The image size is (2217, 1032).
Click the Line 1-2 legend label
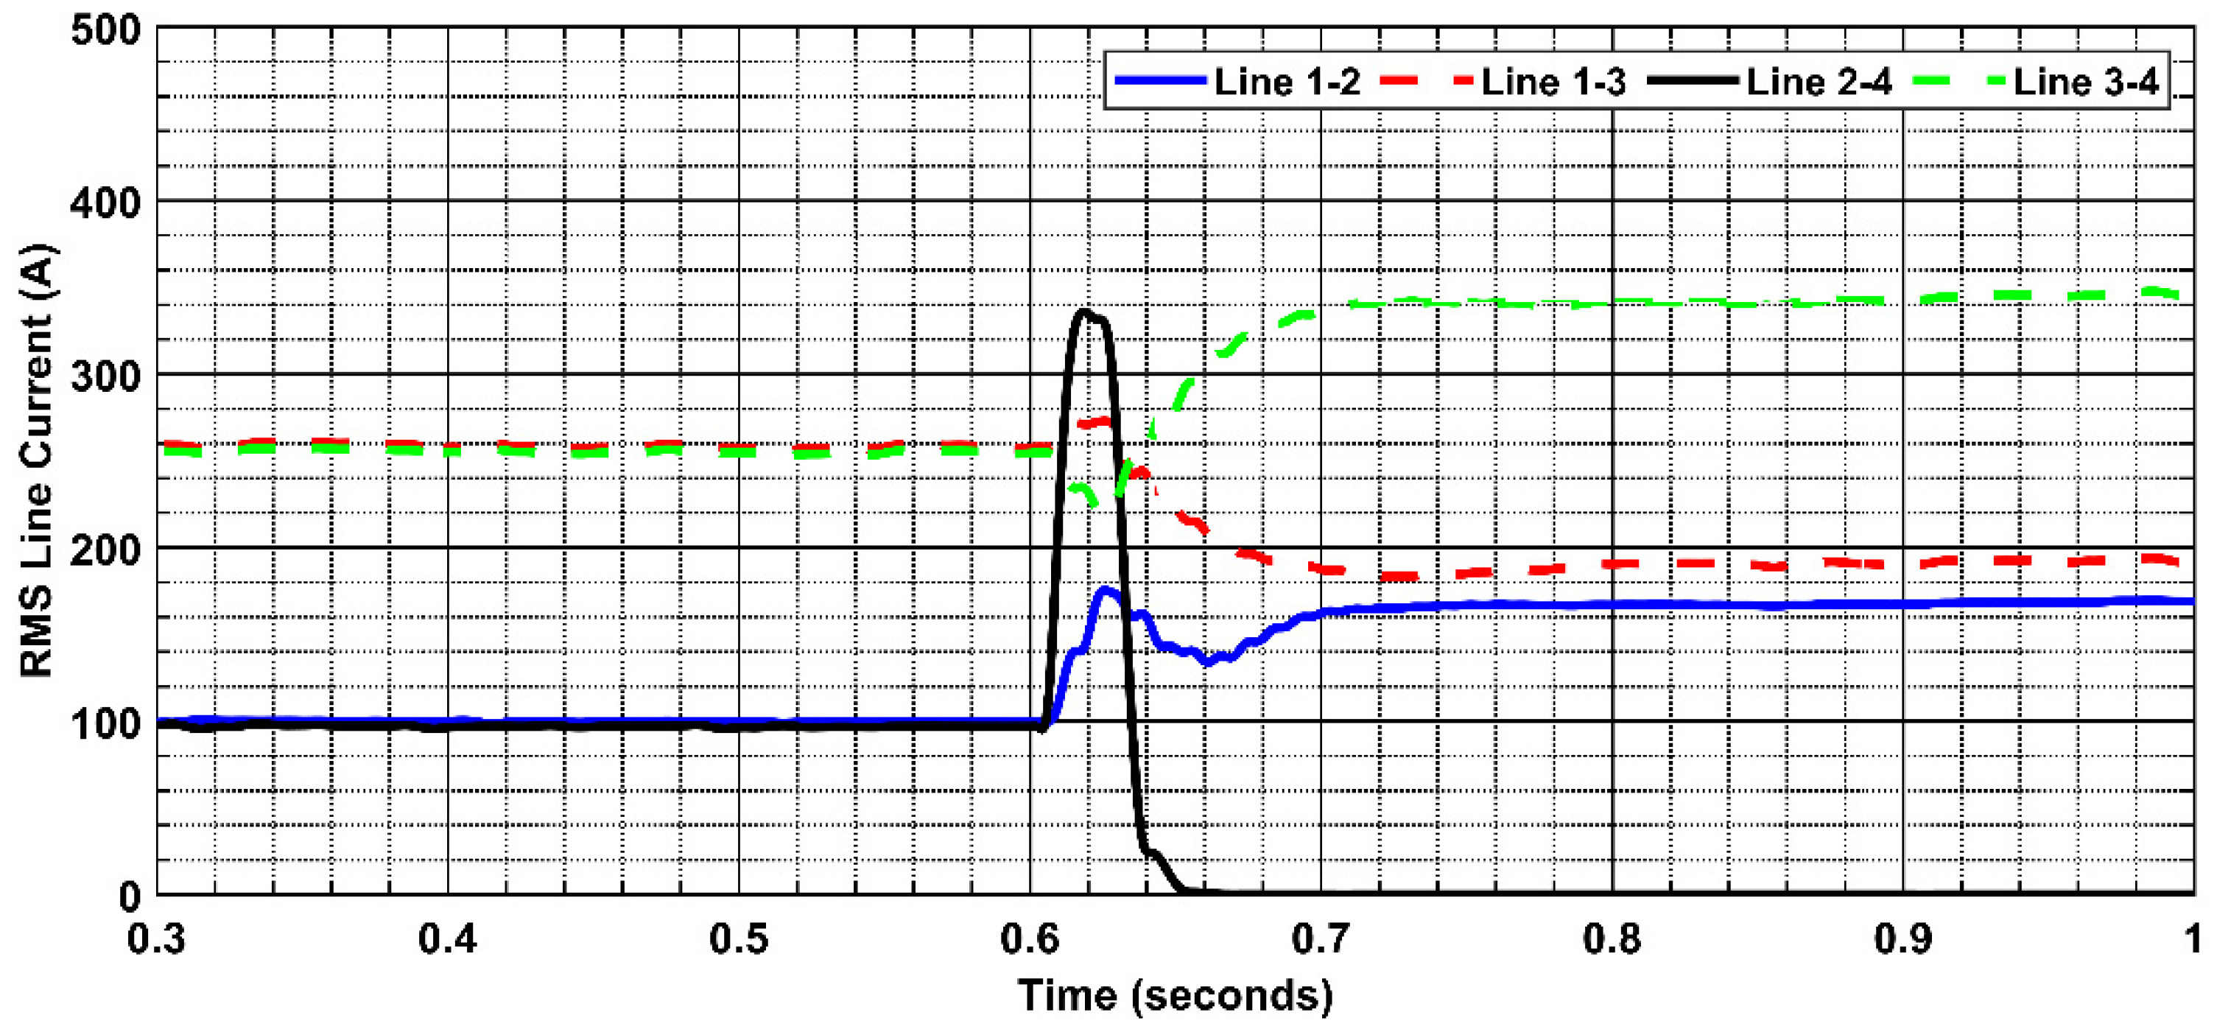click(x=1287, y=82)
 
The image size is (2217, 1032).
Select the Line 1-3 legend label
click(x=1553, y=82)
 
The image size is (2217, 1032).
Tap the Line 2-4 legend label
click(x=1819, y=82)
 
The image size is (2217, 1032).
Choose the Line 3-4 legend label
click(x=2086, y=82)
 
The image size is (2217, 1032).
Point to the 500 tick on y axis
click(x=105, y=31)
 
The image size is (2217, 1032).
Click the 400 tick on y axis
click(x=105, y=204)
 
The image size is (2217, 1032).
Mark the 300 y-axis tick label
click(x=105, y=377)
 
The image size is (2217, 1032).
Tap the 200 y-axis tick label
click(x=105, y=550)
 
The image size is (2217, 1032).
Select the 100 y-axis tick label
click(x=105, y=724)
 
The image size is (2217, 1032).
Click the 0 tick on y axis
click(x=129, y=897)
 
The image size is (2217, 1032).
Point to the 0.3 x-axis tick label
click(x=157, y=939)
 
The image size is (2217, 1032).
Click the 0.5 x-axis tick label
click(x=739, y=939)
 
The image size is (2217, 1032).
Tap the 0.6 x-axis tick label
click(x=1030, y=939)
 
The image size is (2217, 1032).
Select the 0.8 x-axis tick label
click(x=1612, y=939)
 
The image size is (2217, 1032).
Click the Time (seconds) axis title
click(x=1176, y=996)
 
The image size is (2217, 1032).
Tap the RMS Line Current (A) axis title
click(x=37, y=460)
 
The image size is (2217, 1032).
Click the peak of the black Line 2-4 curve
click(x=1084, y=312)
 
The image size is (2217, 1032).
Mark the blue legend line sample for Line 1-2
click(x=1160, y=80)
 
